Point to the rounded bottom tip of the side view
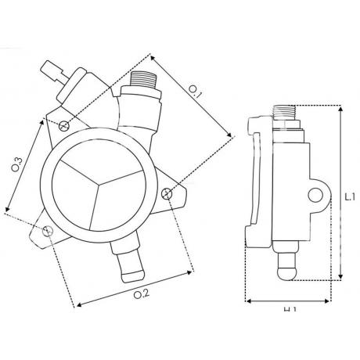(286, 273)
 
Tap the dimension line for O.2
(133, 287)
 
